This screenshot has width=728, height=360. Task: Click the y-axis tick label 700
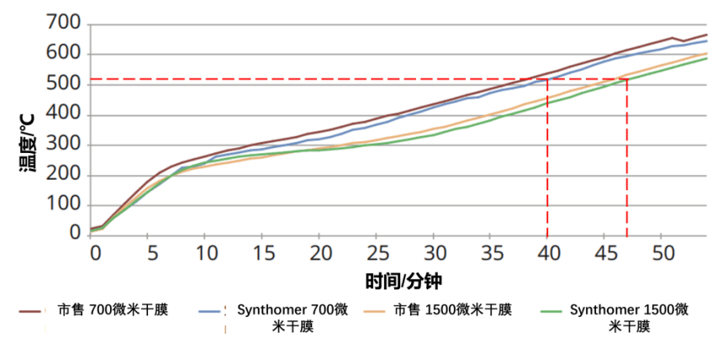pyautogui.click(x=62, y=22)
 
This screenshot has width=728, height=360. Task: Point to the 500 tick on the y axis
pyautogui.click(x=62, y=84)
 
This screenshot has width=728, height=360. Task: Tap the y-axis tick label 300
pyautogui.click(x=62, y=145)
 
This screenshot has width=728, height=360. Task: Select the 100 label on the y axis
pyautogui.click(x=62, y=206)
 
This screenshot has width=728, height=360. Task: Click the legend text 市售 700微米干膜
pyautogui.click(x=113, y=310)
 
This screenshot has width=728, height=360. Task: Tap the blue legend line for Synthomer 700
pyautogui.click(x=213, y=310)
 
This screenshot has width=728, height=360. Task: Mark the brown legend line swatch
pyautogui.click(x=33, y=310)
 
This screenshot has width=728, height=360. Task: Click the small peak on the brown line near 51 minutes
pyautogui.click(x=672, y=38)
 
